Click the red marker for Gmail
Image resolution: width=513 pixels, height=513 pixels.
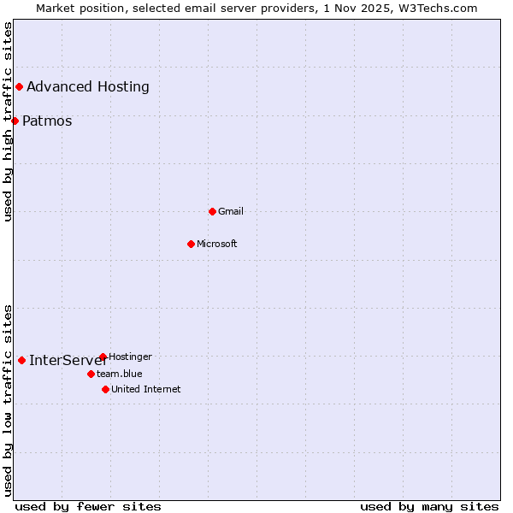pyautogui.click(x=212, y=211)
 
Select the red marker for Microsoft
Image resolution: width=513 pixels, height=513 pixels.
pyautogui.click(x=191, y=244)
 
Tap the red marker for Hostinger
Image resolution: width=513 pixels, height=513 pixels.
pyautogui.click(x=103, y=357)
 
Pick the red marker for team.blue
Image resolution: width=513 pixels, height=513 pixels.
pyautogui.click(x=91, y=374)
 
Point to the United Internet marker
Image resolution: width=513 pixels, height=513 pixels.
pyautogui.click(x=105, y=389)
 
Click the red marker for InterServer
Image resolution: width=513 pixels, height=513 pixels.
pyautogui.click(x=21, y=360)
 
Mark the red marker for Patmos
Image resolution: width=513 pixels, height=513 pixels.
pyautogui.click(x=15, y=121)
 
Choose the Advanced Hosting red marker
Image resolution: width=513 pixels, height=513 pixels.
pyautogui.click(x=19, y=86)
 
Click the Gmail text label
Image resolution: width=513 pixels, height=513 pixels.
pyautogui.click(x=231, y=211)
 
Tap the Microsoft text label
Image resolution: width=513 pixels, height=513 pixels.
pyautogui.click(x=217, y=244)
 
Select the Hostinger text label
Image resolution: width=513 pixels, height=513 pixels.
pyautogui.click(x=131, y=357)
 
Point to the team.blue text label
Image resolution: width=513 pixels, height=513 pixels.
pyautogui.click(x=120, y=374)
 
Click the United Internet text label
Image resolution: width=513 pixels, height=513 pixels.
pyautogui.click(x=146, y=389)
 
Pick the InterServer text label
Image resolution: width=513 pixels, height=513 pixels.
pyautogui.click(x=68, y=360)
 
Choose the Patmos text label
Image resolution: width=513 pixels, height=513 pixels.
pyautogui.click(x=47, y=121)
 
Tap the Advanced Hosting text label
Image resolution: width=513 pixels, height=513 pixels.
pyautogui.click(x=88, y=86)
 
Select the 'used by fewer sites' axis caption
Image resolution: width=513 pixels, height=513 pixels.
pyautogui.click(x=88, y=506)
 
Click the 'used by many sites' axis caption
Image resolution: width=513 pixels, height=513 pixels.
pyautogui.click(x=429, y=506)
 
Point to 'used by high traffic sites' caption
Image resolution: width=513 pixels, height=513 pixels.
pyautogui.click(x=8, y=122)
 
